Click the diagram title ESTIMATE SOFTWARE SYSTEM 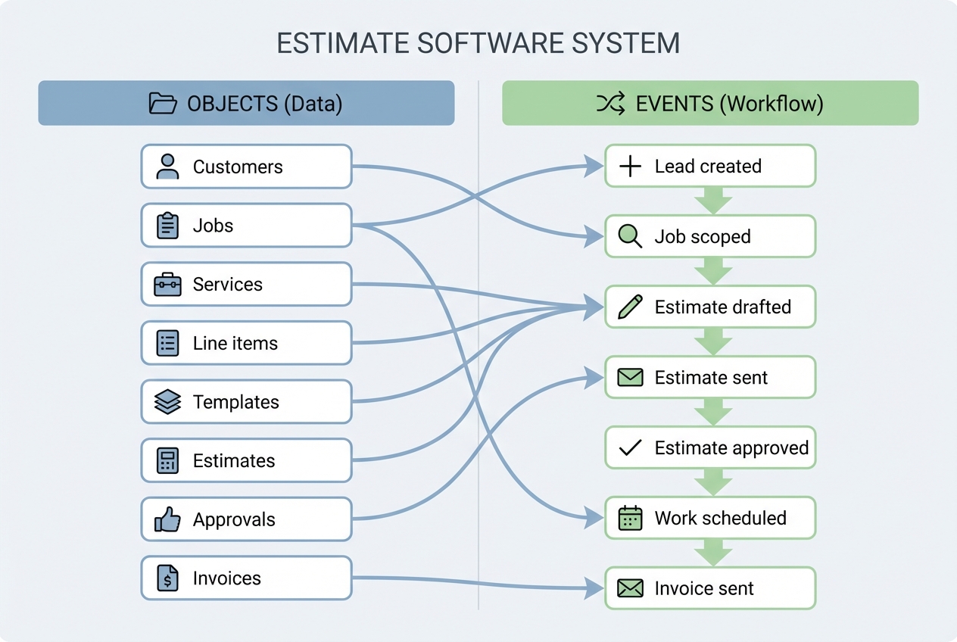click(x=478, y=43)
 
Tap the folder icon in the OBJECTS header click(x=163, y=103)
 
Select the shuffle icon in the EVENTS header click(x=610, y=103)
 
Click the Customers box click(x=246, y=167)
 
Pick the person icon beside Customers click(x=167, y=167)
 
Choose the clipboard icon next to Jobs click(x=167, y=226)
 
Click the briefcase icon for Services click(x=167, y=285)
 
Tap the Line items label click(x=235, y=343)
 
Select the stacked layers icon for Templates click(x=167, y=402)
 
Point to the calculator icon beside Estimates click(x=167, y=461)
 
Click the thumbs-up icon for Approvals click(x=167, y=519)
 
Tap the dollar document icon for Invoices click(x=167, y=578)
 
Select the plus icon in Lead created click(x=630, y=167)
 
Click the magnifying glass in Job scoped click(x=630, y=236)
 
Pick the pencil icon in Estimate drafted click(x=630, y=307)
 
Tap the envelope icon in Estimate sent click(x=630, y=377)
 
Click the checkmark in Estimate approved click(x=630, y=448)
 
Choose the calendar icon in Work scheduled click(x=630, y=519)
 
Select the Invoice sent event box click(x=709, y=588)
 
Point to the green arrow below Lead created click(x=712, y=201)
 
